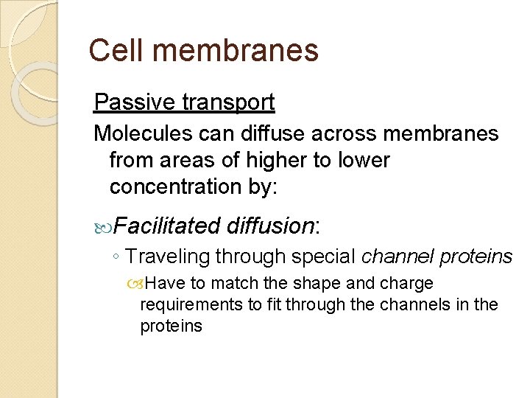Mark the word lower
click(361, 160)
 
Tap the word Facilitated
click(167, 226)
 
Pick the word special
click(322, 256)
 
